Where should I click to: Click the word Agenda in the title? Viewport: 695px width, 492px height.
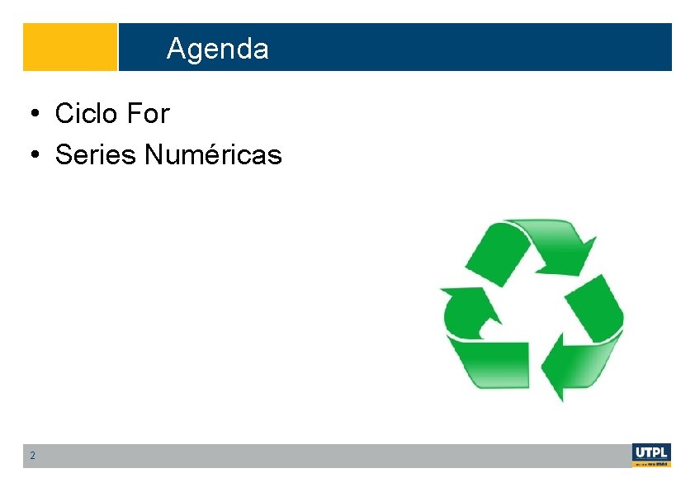click(217, 49)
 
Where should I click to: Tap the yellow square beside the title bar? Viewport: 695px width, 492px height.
click(70, 47)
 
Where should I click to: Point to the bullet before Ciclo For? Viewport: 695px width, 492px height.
click(35, 114)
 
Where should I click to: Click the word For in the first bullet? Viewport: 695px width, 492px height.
click(148, 114)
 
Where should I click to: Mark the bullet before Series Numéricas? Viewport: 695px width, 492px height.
click(35, 154)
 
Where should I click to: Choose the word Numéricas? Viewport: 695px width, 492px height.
click(213, 154)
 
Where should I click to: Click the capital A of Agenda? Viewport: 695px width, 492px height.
click(175, 49)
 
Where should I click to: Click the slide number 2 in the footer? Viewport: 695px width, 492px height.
click(32, 456)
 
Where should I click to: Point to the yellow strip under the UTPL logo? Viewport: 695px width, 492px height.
click(651, 465)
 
